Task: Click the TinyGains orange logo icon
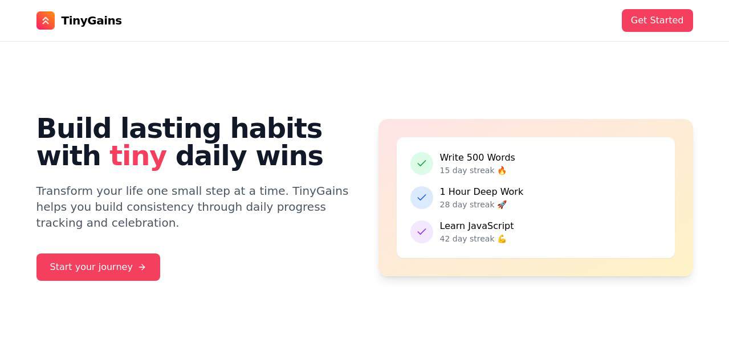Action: pyautogui.click(x=46, y=21)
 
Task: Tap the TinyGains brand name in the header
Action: pyautogui.click(x=91, y=21)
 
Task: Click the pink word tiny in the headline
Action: pyautogui.click(x=138, y=156)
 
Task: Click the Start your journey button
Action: pyautogui.click(x=98, y=267)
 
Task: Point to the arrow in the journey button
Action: pyautogui.click(x=142, y=267)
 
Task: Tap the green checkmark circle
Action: pyautogui.click(x=422, y=163)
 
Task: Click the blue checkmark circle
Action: pyautogui.click(x=422, y=198)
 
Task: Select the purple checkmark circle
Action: pyautogui.click(x=422, y=232)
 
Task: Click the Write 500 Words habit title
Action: pyautogui.click(x=477, y=158)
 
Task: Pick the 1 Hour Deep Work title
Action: pyautogui.click(x=481, y=192)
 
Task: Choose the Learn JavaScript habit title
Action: pyautogui.click(x=477, y=226)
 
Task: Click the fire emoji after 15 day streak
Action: pyautogui.click(x=502, y=170)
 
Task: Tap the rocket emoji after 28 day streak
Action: pyautogui.click(x=502, y=204)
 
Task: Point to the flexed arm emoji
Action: pyautogui.click(x=502, y=239)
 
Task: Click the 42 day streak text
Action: pyautogui.click(x=467, y=239)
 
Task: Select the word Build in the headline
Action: pyautogui.click(x=74, y=129)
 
